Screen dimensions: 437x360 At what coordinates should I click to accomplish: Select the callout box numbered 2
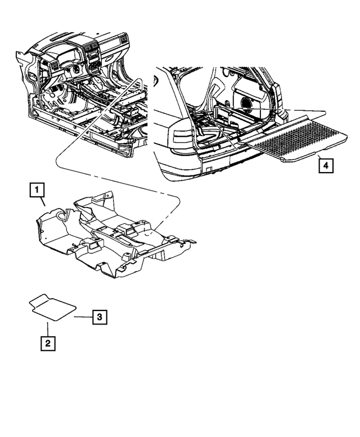click(47, 343)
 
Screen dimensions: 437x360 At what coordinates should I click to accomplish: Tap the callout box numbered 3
click(98, 317)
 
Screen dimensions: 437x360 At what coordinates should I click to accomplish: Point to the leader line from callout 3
click(83, 317)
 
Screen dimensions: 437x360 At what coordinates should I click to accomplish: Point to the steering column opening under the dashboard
click(73, 73)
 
